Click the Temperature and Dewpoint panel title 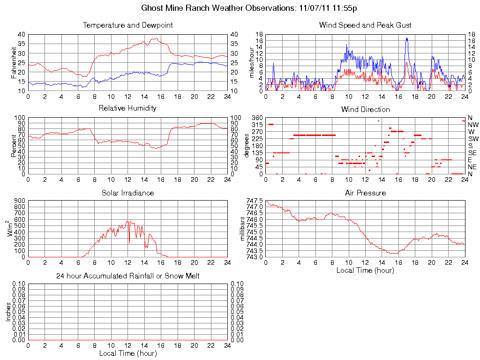(x=127, y=25)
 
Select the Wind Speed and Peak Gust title (x=365, y=25)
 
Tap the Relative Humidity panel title (x=127, y=108)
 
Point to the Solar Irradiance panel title (x=127, y=193)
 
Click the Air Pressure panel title (x=365, y=193)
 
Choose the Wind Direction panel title (x=365, y=109)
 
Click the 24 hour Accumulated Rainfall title (x=127, y=276)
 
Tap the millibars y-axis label (x=243, y=229)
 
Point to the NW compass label (x=473, y=125)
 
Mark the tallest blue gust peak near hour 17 (x=407, y=38)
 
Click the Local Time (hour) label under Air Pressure (x=365, y=270)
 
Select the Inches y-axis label (x=8, y=312)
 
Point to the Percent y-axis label (x=14, y=146)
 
